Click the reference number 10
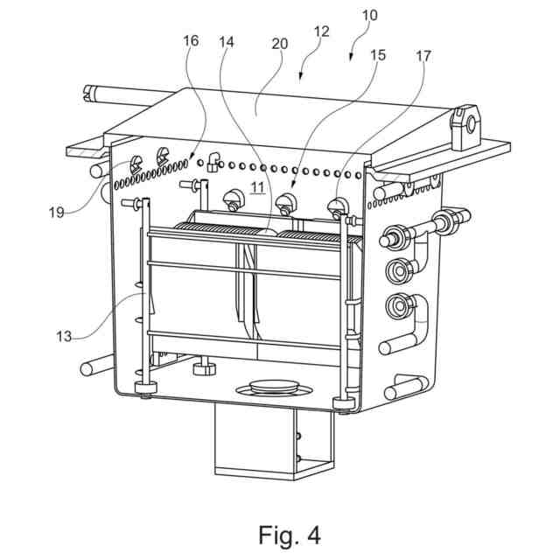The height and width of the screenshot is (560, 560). click(369, 15)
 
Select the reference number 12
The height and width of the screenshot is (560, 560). click(321, 32)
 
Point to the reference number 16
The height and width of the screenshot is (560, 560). click(192, 41)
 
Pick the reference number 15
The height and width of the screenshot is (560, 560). click(378, 55)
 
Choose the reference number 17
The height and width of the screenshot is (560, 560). click(423, 57)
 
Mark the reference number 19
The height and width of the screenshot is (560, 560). click(56, 211)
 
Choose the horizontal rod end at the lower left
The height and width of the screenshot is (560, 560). click(87, 368)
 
